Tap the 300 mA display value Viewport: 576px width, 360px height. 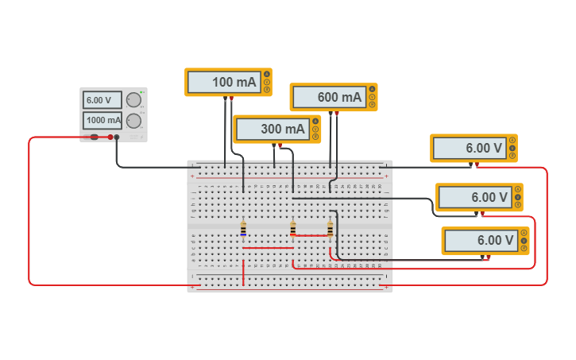coord(273,129)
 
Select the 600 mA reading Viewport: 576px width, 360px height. coord(329,97)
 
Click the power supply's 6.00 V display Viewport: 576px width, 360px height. coord(102,99)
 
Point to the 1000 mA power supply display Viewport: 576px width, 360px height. coord(102,121)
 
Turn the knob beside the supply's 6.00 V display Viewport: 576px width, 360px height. coord(133,99)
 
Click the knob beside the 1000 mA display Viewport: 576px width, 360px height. coord(133,121)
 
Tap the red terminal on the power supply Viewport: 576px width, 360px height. coord(110,137)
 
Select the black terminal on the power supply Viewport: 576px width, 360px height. coord(117,137)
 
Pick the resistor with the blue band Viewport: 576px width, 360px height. coord(243,229)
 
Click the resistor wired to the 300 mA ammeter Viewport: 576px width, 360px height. coord(293,229)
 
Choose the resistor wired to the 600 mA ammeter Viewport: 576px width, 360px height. coord(331,229)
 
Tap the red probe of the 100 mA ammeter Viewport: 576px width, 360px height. coord(231,99)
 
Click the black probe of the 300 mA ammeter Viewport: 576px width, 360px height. coord(274,145)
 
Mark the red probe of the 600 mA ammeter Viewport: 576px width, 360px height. coord(337,114)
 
